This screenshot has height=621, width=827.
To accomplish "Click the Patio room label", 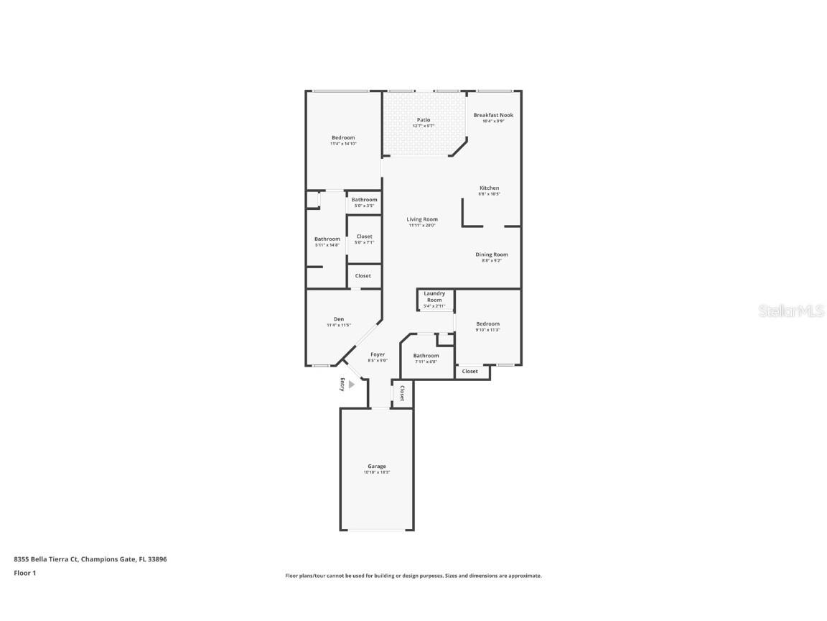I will (x=424, y=120).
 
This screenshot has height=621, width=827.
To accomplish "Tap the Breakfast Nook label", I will (x=493, y=115).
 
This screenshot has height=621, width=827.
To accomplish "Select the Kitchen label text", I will (x=489, y=188).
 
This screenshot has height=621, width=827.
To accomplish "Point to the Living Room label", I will (x=422, y=219).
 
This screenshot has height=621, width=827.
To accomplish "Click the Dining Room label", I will (x=491, y=254).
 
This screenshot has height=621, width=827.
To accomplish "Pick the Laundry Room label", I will (x=434, y=296).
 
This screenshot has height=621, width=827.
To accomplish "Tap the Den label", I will (x=339, y=319).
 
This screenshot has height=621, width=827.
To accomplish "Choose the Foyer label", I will (x=378, y=354).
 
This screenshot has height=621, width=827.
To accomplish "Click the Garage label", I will (x=377, y=466).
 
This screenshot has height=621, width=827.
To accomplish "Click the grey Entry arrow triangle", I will (x=351, y=385).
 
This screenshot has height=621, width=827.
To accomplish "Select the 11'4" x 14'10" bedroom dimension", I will (x=343, y=144).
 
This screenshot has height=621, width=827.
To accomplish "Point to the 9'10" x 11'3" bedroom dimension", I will (x=487, y=330).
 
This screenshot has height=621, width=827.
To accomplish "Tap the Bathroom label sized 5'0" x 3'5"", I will (x=364, y=200).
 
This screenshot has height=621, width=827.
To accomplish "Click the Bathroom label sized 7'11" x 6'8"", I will (x=426, y=356).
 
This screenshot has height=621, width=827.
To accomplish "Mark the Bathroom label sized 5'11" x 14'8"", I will (x=327, y=239).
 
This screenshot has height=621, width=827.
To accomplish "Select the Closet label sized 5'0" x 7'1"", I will (x=364, y=236).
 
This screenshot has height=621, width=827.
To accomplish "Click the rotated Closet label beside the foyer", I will (x=402, y=393).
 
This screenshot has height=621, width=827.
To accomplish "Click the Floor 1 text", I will (x=24, y=573).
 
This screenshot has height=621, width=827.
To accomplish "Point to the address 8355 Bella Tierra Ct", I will (x=46, y=558).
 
